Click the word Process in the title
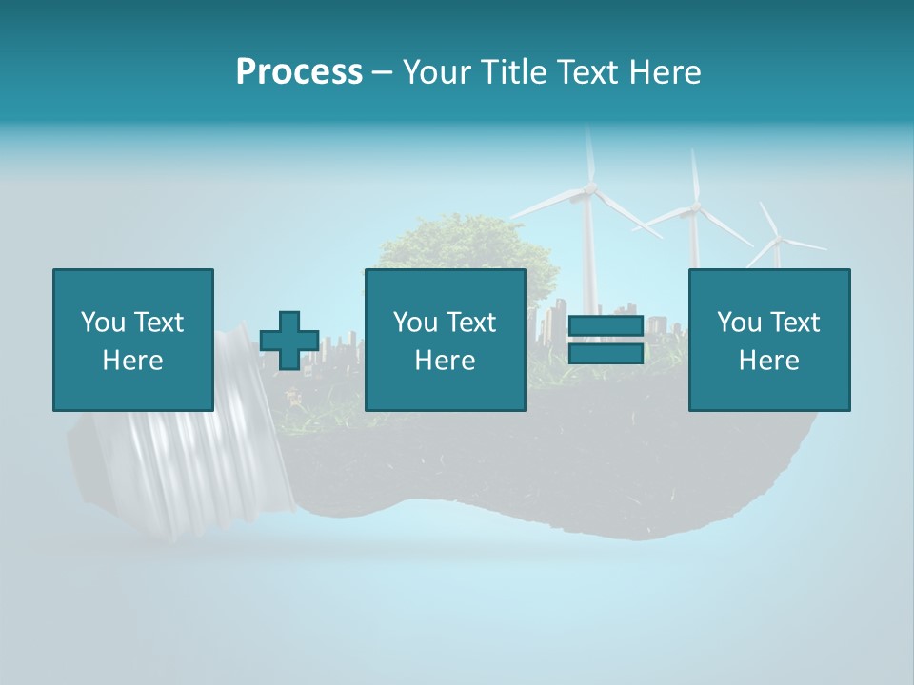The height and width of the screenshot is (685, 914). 299,72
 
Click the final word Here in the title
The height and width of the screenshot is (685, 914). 666,72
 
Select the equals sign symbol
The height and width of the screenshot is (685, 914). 606,340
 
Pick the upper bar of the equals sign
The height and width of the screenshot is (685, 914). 606,326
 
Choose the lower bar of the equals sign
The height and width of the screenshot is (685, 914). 606,353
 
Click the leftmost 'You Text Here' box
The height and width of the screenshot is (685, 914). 133,340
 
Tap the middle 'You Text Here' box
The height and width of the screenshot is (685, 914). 445,340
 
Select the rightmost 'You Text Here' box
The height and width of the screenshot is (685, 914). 768,340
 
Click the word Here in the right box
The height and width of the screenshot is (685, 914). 768,361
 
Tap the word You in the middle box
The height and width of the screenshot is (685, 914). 415,323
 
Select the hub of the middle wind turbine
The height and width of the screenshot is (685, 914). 696,207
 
